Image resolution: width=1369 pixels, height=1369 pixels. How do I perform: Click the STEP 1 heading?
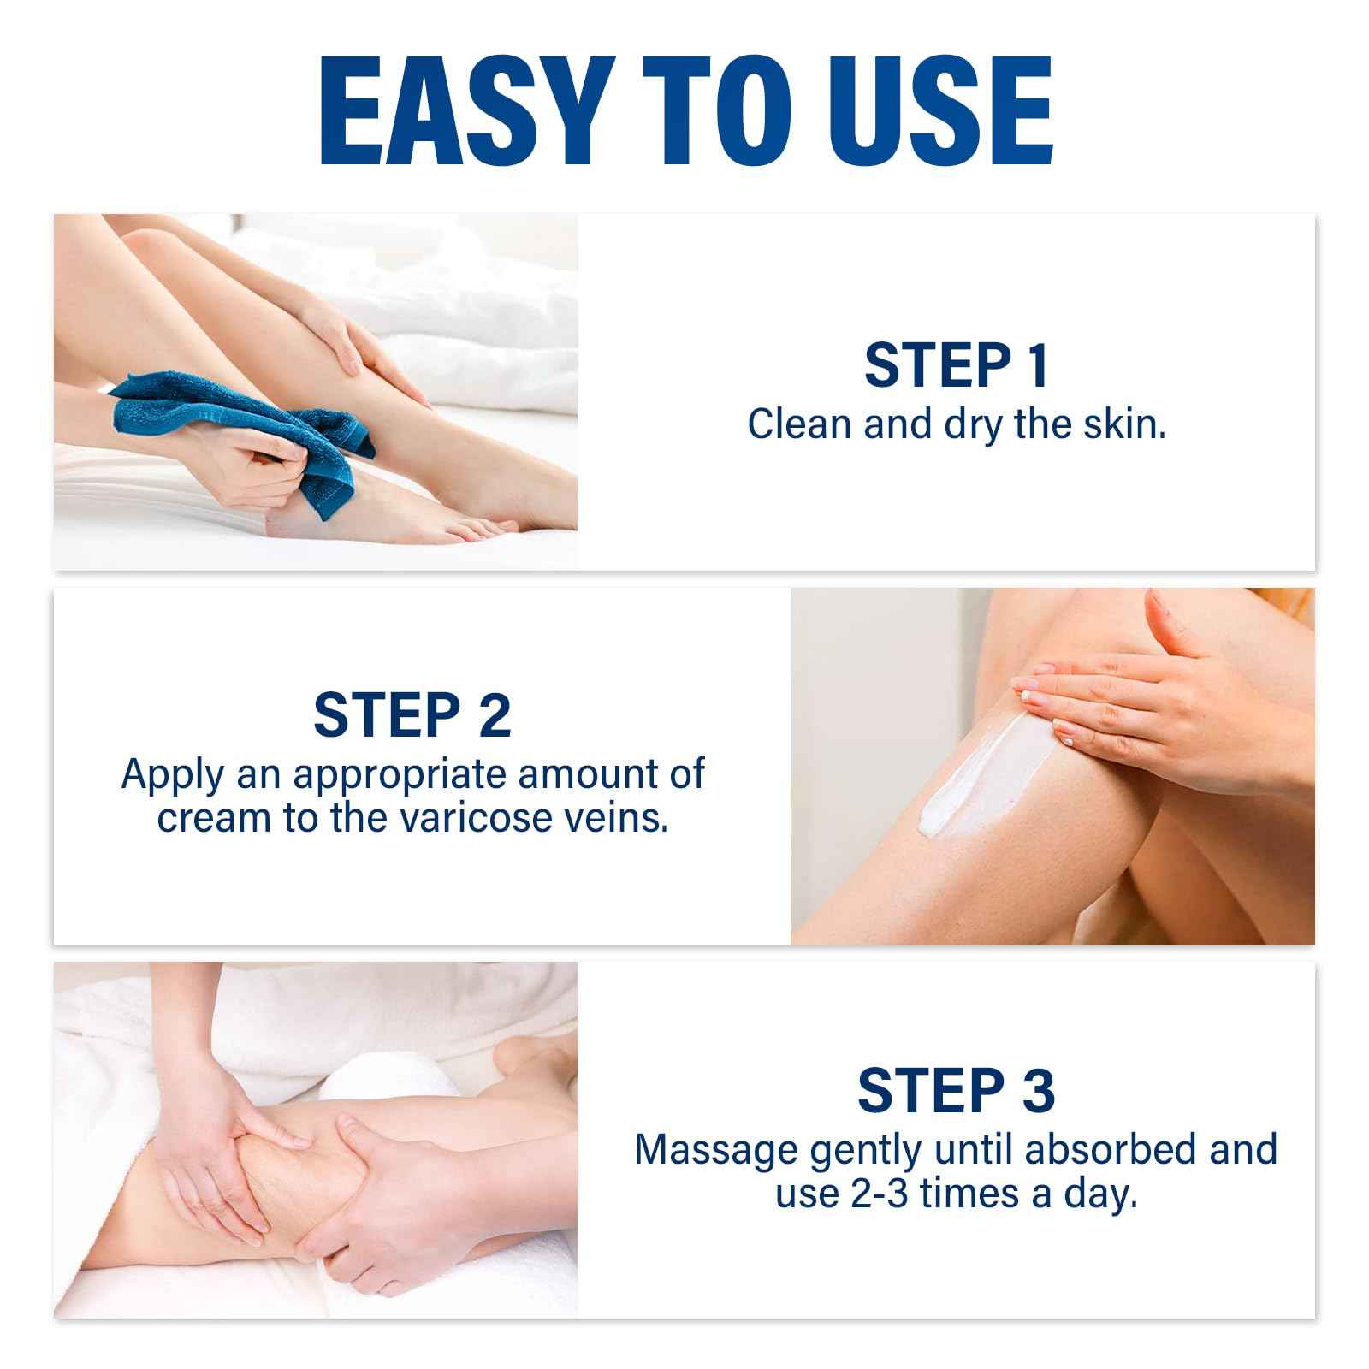point(957,365)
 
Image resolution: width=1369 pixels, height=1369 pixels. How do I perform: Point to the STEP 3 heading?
point(956,1090)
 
